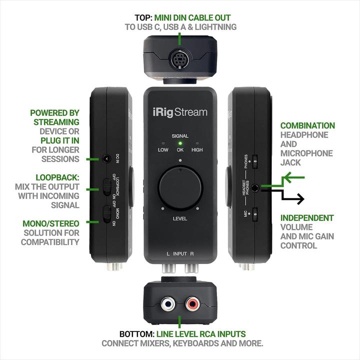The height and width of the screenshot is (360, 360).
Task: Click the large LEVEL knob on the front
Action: click(x=179, y=189)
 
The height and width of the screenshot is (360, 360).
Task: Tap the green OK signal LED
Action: click(x=180, y=143)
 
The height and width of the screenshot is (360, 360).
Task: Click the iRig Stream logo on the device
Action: click(x=179, y=112)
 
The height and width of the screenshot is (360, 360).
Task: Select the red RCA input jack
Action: click(x=192, y=303)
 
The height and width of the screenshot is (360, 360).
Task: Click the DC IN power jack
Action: click(x=106, y=159)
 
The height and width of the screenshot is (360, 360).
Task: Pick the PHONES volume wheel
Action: click(x=255, y=161)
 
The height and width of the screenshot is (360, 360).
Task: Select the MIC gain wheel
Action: click(x=255, y=215)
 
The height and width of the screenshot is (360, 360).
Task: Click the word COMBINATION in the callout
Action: click(x=307, y=125)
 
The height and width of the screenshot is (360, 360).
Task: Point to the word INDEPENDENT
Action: click(x=307, y=218)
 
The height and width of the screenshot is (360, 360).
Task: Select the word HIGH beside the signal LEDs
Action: click(x=198, y=150)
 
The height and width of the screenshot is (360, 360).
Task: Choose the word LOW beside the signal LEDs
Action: click(x=163, y=150)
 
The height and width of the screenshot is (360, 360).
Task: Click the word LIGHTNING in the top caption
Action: click(x=215, y=27)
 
